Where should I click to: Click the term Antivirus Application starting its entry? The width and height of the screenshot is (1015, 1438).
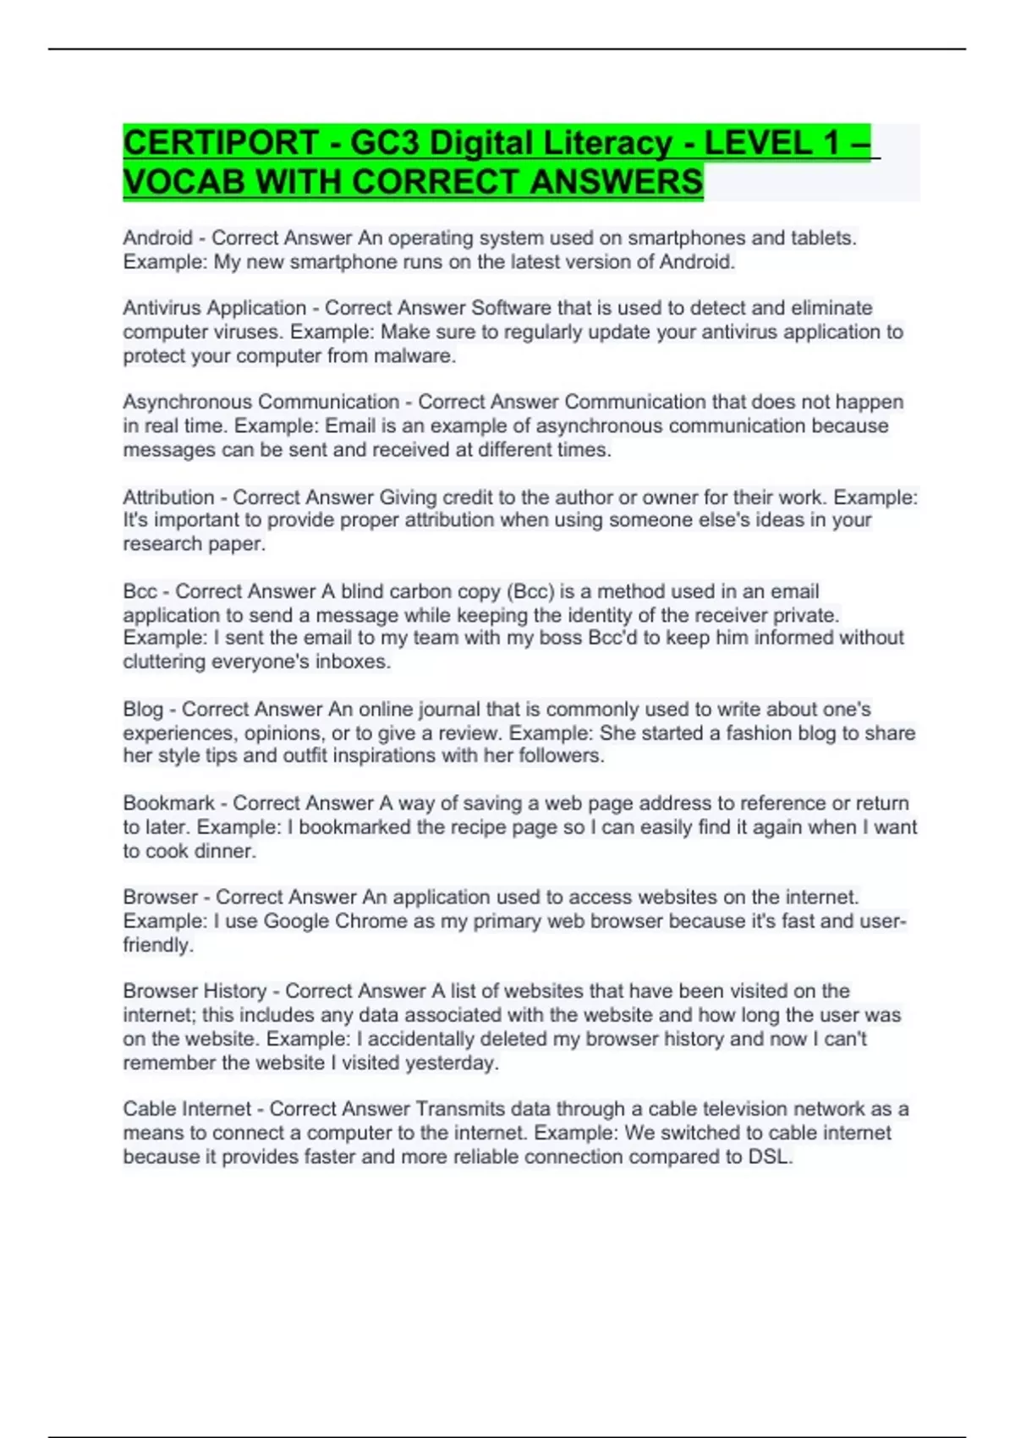coord(214,308)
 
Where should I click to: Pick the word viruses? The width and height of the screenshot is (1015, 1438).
coord(250,332)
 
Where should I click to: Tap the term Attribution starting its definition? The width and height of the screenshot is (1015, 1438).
coord(168,497)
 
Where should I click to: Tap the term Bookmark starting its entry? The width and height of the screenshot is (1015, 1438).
coord(168,803)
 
